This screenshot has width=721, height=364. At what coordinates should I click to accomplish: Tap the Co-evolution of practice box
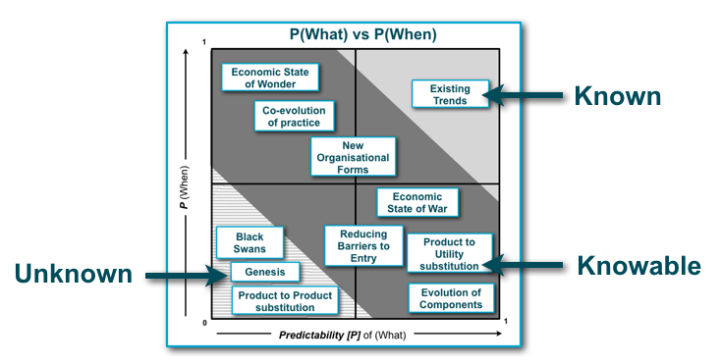tap(293, 117)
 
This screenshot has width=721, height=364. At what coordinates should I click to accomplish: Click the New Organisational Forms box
tap(353, 157)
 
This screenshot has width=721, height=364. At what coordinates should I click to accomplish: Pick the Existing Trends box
tap(450, 95)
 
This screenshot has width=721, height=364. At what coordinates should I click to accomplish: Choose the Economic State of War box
tap(416, 202)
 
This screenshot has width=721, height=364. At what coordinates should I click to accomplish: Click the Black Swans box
tap(250, 242)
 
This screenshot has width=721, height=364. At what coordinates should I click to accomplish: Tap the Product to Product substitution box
tap(285, 301)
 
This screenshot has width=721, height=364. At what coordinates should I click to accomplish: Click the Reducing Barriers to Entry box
tap(363, 246)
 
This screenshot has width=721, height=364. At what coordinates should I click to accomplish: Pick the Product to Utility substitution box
tap(448, 253)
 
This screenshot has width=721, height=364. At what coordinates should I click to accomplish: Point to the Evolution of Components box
tap(451, 298)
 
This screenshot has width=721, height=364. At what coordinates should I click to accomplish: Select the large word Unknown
tap(73, 275)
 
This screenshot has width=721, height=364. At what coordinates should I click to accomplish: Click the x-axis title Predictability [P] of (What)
tap(356, 336)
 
